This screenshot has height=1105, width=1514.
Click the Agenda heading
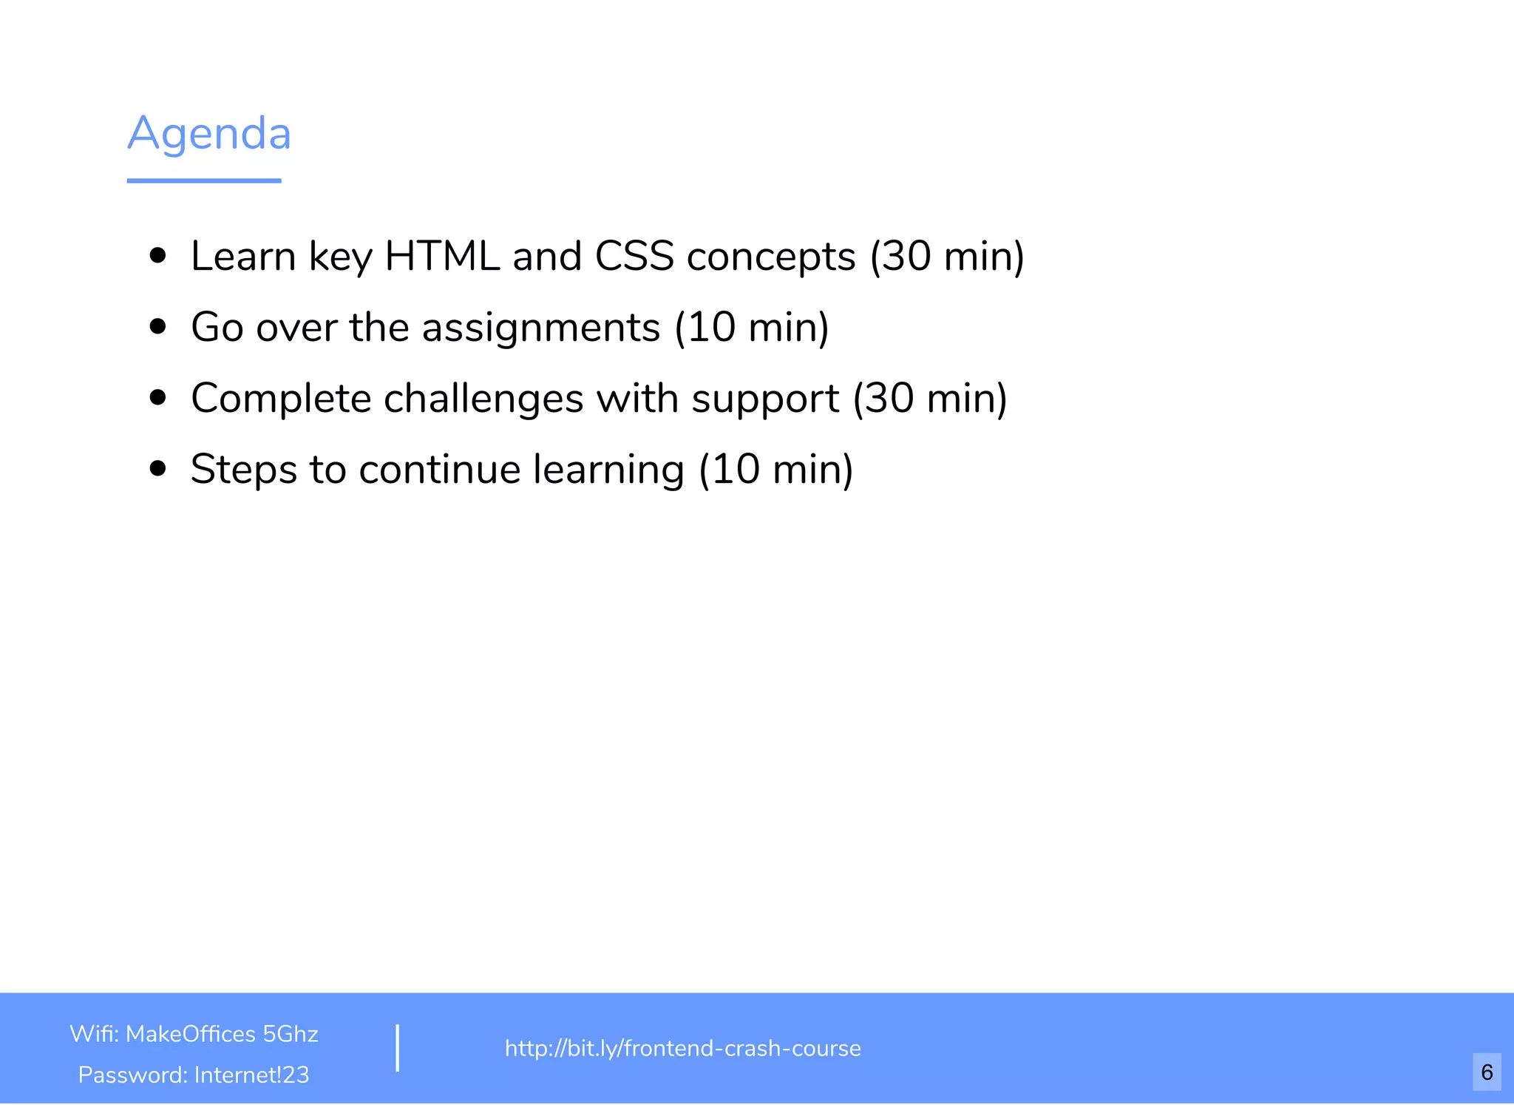tap(209, 134)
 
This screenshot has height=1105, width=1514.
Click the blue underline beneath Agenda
tap(204, 180)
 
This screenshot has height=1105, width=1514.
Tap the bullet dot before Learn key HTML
tap(157, 256)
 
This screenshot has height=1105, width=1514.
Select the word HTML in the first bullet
tap(442, 256)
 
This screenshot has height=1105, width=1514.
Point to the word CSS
tap(634, 256)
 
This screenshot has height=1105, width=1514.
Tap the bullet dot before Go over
tap(157, 326)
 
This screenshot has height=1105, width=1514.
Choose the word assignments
tap(540, 328)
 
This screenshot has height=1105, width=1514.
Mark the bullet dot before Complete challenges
tap(157, 398)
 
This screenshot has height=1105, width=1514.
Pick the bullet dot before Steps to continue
tap(157, 468)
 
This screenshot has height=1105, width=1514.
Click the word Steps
tap(243, 470)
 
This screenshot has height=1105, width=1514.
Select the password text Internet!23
tap(251, 1075)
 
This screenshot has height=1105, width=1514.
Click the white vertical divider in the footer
tap(398, 1047)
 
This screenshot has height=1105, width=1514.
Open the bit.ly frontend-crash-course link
tap(682, 1048)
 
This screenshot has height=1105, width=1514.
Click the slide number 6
tap(1487, 1072)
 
